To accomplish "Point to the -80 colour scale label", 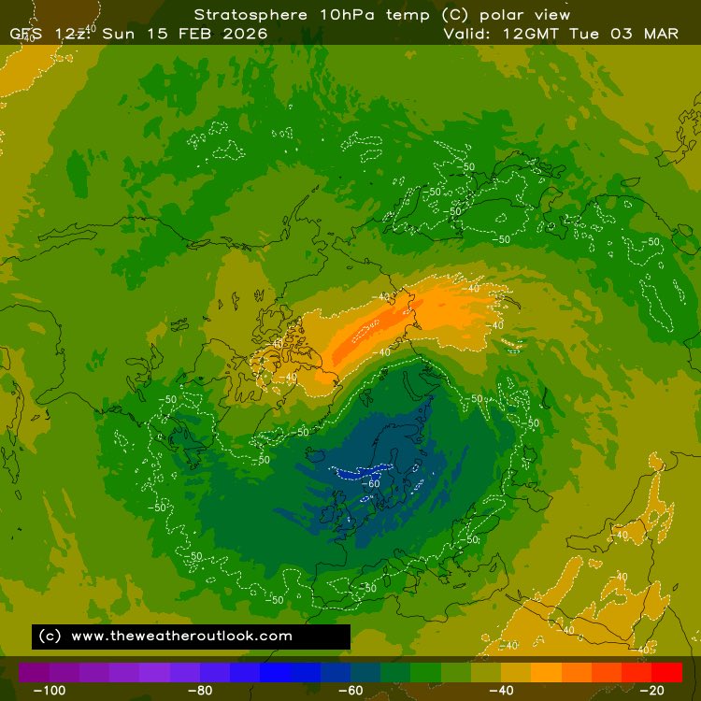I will click(x=200, y=691).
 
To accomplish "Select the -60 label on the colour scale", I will click(x=351, y=691).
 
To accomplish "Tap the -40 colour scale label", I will click(x=503, y=691).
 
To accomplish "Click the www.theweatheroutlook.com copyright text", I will click(x=181, y=636).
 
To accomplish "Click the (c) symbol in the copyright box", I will click(x=50, y=636).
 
